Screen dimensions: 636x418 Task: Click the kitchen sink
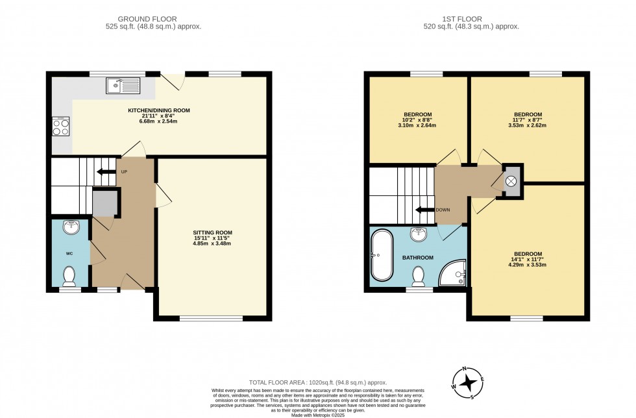pyautogui.click(x=123, y=86)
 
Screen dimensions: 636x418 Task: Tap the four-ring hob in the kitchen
pyautogui.click(x=60, y=127)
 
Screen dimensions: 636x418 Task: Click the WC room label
pyautogui.click(x=69, y=254)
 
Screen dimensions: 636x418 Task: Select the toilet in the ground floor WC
pyautogui.click(x=70, y=276)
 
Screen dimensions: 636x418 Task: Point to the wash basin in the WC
pyautogui.click(x=72, y=227)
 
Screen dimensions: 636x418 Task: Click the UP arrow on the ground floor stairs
pyautogui.click(x=106, y=171)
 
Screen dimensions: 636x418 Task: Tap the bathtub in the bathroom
pyautogui.click(x=382, y=255)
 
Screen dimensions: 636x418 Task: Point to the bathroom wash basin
pyautogui.click(x=419, y=234)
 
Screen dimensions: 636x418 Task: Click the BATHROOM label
pyautogui.click(x=418, y=258)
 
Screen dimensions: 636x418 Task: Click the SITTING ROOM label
pyautogui.click(x=213, y=232)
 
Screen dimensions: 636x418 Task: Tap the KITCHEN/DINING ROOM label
pyautogui.click(x=159, y=110)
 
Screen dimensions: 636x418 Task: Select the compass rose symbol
pyautogui.click(x=468, y=383)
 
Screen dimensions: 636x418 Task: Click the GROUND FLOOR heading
pyautogui.click(x=147, y=19)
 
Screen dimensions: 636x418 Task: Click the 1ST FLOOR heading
pyautogui.click(x=462, y=19)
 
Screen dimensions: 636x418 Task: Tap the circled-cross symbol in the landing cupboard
pyautogui.click(x=511, y=181)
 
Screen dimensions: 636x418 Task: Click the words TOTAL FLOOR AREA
pyautogui.click(x=278, y=382)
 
